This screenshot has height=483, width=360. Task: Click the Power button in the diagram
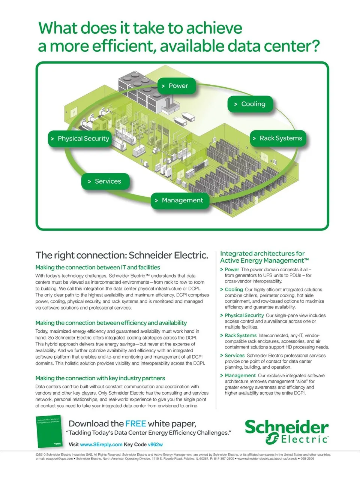pyautogui.click(x=176, y=86)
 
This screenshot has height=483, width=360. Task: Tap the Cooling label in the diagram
pyautogui.click(x=250, y=104)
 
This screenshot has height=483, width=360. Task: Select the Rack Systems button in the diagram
pyautogui.click(x=278, y=138)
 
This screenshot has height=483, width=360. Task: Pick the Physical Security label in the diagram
pyautogui.click(x=80, y=139)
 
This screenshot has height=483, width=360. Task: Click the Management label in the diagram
pyautogui.click(x=180, y=200)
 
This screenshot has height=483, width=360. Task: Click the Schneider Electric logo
pyautogui.click(x=286, y=432)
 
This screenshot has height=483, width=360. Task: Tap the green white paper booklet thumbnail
pyautogui.click(x=49, y=432)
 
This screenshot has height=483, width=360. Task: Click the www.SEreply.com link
pyautogui.click(x=101, y=444)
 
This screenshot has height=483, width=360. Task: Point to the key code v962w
pyautogui.click(x=155, y=444)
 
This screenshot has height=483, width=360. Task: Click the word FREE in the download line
pyautogui.click(x=135, y=424)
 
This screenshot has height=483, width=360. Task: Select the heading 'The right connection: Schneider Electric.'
pyautogui.click(x=122, y=256)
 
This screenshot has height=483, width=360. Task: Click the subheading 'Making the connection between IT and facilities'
pyautogui.click(x=97, y=268)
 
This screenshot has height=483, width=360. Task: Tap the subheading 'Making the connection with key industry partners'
pyautogui.click(x=100, y=378)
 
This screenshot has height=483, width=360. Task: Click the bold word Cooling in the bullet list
pyautogui.click(x=234, y=290)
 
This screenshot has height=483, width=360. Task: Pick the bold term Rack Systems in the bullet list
pyautogui.click(x=241, y=336)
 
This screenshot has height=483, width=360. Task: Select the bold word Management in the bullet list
pyautogui.click(x=240, y=375)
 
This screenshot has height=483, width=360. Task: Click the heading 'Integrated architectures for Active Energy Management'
pyautogui.click(x=264, y=257)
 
